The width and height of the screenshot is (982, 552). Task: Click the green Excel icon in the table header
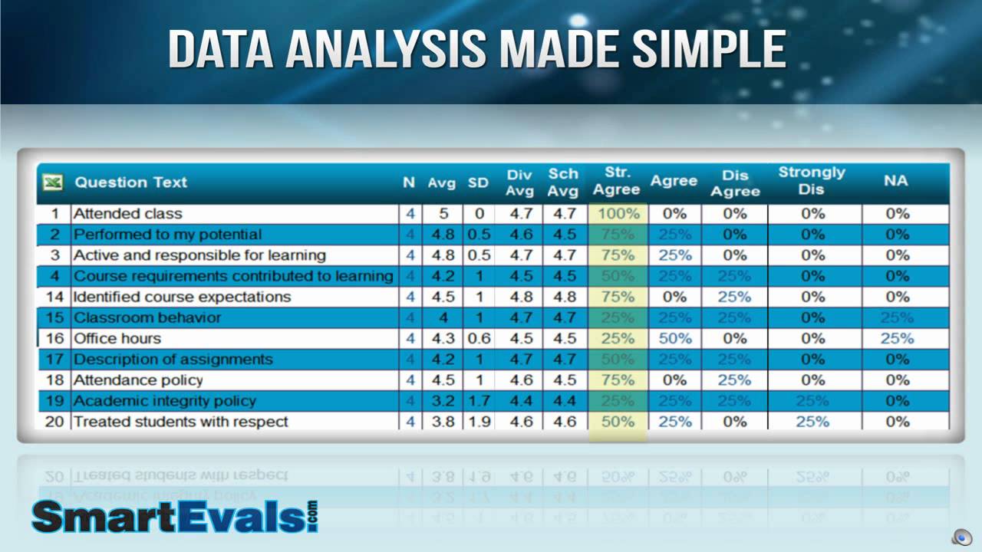click(x=52, y=182)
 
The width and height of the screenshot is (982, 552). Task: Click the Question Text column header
click(x=130, y=182)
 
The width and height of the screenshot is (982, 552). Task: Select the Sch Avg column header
click(x=562, y=182)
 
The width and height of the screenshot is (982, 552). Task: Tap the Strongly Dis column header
click(x=811, y=180)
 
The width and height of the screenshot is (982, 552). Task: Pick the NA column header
click(x=895, y=181)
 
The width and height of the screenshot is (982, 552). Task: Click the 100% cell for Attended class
click(x=618, y=214)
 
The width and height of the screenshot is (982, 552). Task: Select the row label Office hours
click(x=117, y=338)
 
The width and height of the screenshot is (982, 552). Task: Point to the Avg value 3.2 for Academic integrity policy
click(x=443, y=400)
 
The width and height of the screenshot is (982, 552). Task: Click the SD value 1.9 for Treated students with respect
click(x=479, y=421)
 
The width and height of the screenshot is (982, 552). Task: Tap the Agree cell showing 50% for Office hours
click(x=674, y=338)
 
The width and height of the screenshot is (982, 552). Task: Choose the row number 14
click(x=54, y=297)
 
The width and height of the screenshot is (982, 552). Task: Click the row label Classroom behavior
click(x=147, y=317)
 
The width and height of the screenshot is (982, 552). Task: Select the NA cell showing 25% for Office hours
click(x=897, y=338)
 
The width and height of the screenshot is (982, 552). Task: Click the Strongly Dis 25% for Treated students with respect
click(x=812, y=421)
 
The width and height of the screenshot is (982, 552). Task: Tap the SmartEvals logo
click(x=174, y=517)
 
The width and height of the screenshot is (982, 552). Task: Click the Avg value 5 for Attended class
click(x=443, y=214)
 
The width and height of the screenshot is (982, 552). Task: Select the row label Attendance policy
click(x=137, y=379)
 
